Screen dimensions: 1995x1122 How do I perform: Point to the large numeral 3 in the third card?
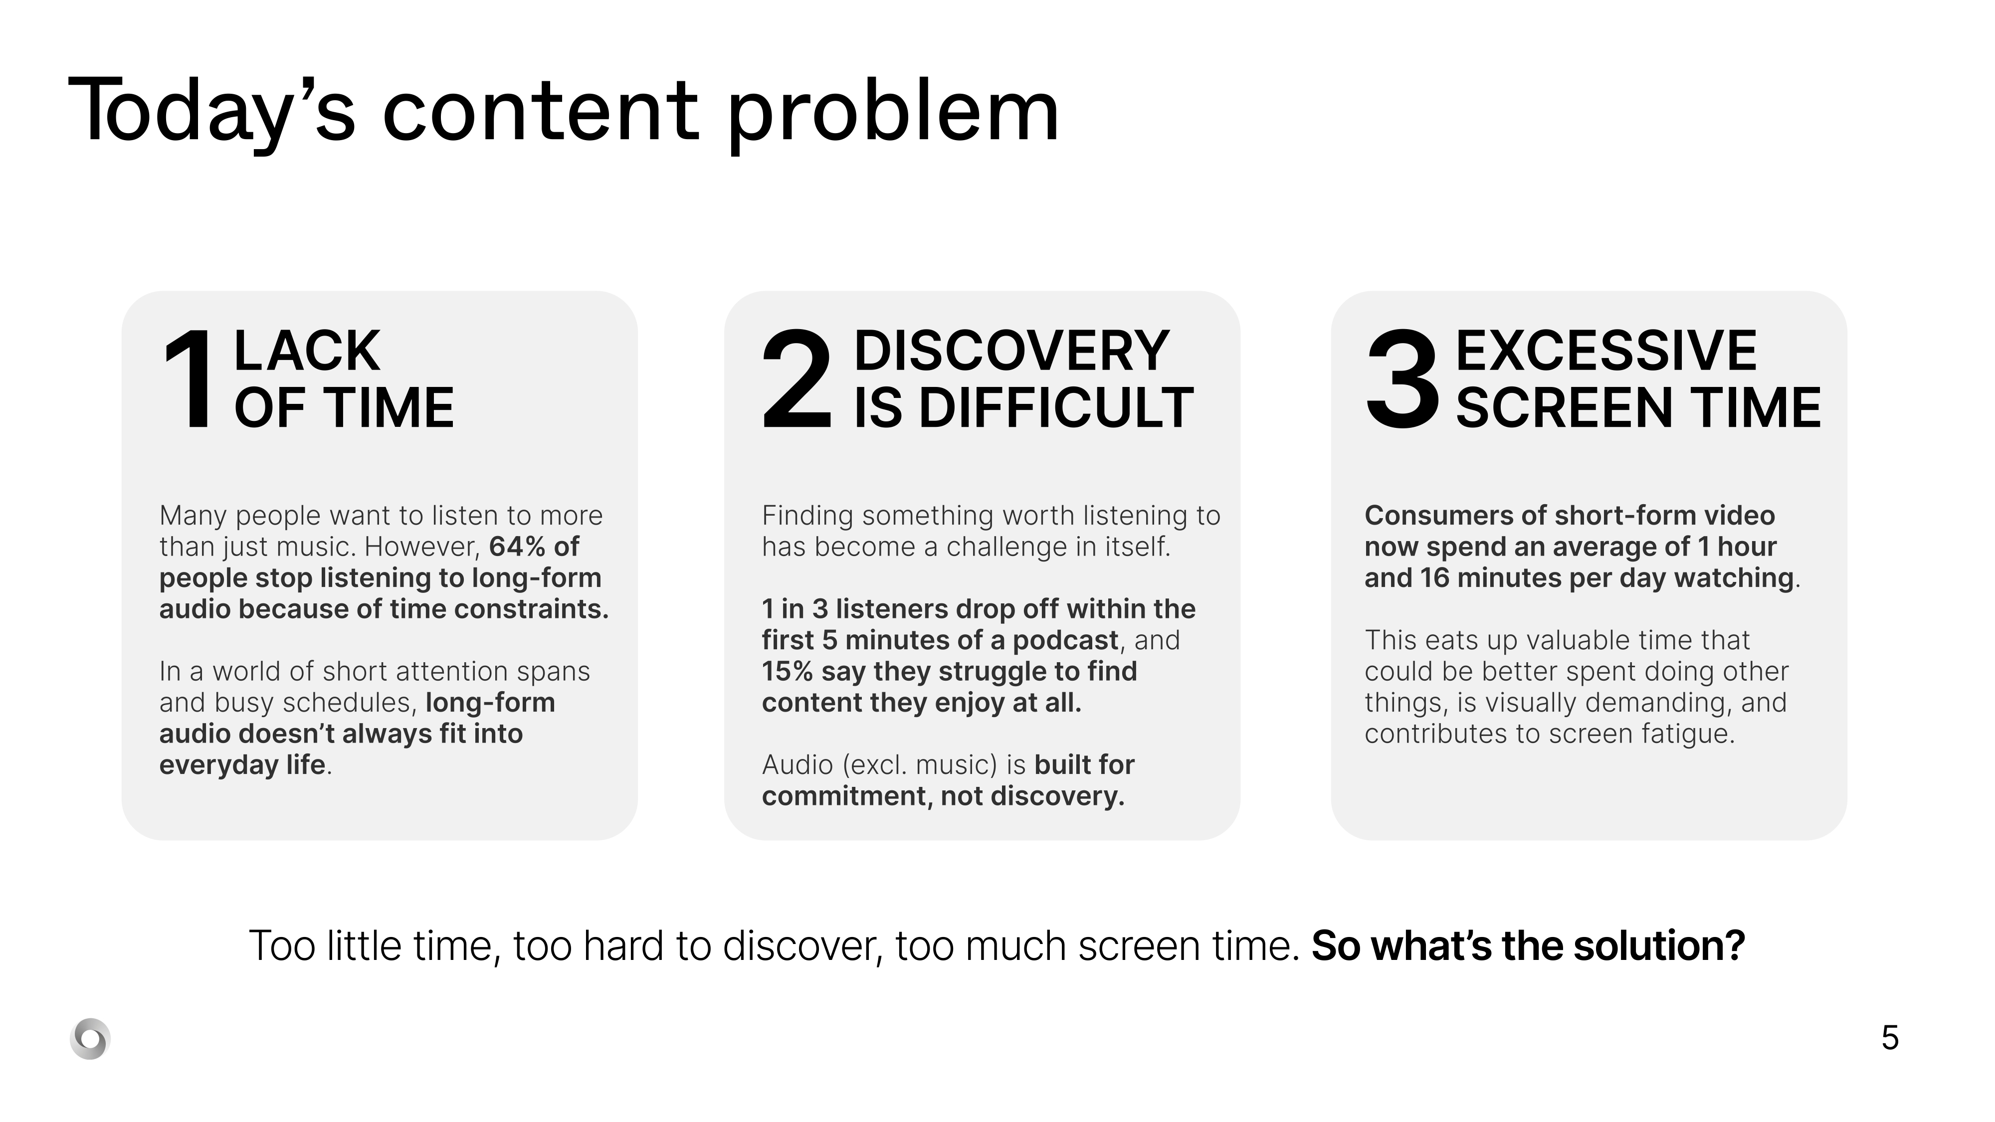(x=1402, y=379)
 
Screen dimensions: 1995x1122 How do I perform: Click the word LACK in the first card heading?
(x=307, y=351)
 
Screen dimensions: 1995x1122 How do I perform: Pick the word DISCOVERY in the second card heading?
(x=1011, y=351)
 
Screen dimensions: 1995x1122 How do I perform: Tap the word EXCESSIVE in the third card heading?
(x=1607, y=351)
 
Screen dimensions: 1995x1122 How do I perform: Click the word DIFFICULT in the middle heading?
(x=1056, y=408)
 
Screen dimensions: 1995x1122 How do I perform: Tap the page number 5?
(x=1890, y=1038)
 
